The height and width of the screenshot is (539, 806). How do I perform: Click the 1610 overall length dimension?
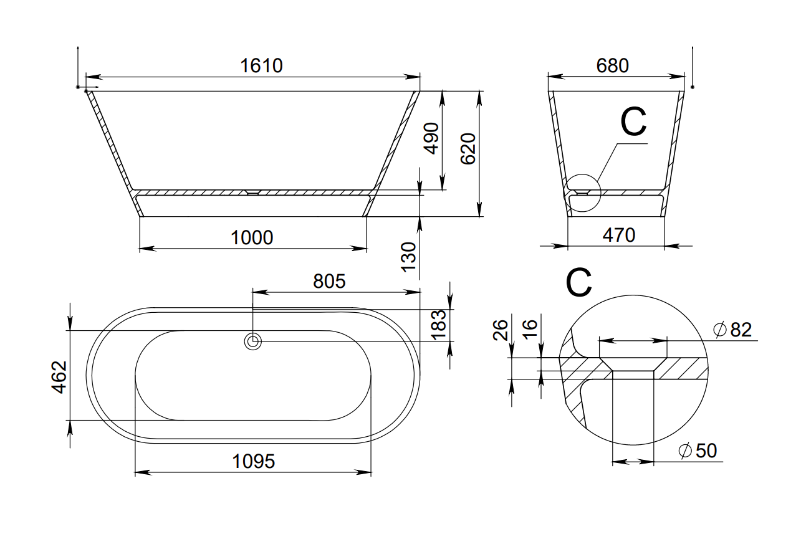click(261, 65)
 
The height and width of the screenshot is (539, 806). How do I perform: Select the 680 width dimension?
click(612, 65)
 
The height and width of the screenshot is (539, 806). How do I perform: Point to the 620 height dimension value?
click(468, 149)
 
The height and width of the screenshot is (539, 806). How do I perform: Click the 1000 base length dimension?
click(252, 237)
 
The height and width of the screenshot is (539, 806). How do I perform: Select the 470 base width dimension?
click(619, 235)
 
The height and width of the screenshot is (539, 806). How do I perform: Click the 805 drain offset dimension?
click(329, 282)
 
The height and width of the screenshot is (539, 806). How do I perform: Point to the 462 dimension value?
click(59, 376)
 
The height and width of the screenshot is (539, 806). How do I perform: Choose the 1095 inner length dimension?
click(254, 462)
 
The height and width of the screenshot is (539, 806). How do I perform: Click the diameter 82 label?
click(733, 330)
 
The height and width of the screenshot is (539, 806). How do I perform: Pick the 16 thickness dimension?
click(529, 327)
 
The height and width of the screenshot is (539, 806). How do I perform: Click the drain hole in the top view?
click(252, 341)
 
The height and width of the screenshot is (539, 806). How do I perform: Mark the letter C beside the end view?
click(633, 122)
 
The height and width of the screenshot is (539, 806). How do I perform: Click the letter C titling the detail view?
click(578, 284)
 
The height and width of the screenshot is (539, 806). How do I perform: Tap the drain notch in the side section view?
click(252, 193)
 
